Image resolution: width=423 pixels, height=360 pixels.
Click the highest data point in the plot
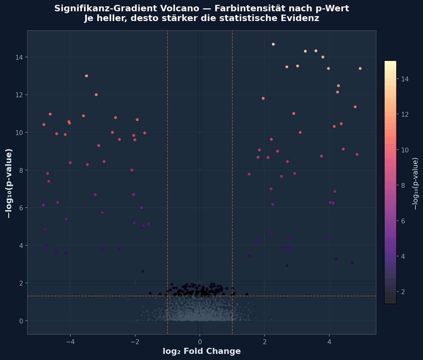pyautogui.click(x=273, y=44)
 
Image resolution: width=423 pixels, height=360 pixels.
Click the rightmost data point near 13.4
pyautogui.click(x=360, y=69)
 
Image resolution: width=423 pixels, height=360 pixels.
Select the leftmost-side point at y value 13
pyautogui.click(x=86, y=76)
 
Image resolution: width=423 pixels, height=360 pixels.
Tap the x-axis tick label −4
pyautogui.click(x=70, y=341)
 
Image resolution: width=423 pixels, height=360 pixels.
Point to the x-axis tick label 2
pyautogui.click(x=264, y=341)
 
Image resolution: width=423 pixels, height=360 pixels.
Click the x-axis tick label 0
pyautogui.click(x=200, y=341)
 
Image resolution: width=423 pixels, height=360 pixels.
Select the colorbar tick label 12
pyautogui.click(x=404, y=114)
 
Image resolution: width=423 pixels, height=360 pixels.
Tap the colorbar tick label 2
pyautogui.click(x=403, y=292)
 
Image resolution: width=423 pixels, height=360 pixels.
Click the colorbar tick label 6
pyautogui.click(x=403, y=221)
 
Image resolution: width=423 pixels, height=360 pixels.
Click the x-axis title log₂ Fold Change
pyautogui.click(x=202, y=351)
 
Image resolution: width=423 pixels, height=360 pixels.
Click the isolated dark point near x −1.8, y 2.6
pyautogui.click(x=143, y=271)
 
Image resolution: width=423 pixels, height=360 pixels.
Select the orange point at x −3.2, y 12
pyautogui.click(x=96, y=95)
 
